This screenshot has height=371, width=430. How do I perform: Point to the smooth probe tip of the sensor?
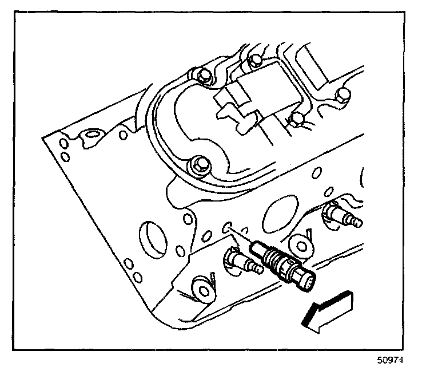click(256, 247)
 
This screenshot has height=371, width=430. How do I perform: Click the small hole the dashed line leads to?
click(226, 225)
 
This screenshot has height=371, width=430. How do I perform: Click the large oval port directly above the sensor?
click(280, 211)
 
